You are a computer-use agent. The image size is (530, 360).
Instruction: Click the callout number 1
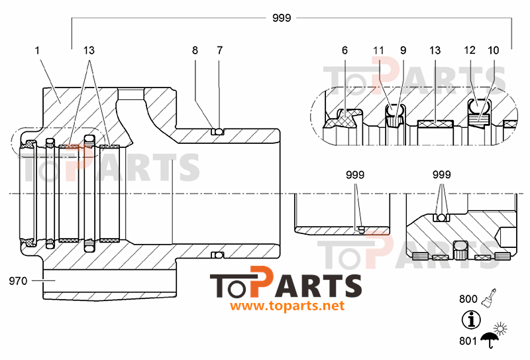pos(37,50)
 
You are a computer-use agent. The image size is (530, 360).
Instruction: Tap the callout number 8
pos(195,50)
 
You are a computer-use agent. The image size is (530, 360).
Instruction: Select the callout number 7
pos(220,50)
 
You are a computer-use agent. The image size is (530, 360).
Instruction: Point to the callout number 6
pos(344,50)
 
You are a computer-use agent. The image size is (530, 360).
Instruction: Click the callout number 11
pos(378,50)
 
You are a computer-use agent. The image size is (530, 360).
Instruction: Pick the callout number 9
pos(403,50)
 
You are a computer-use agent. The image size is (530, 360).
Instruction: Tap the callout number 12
pos(470,50)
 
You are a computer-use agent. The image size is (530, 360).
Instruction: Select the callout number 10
pos(494,50)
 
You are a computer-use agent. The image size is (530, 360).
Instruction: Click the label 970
pos(18,281)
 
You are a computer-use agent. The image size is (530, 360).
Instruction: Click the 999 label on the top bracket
pos(282,18)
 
